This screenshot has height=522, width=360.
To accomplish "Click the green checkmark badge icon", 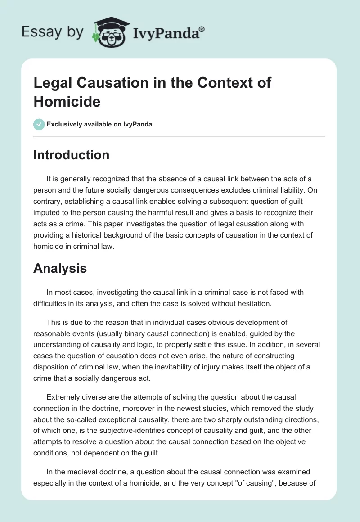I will tap(39, 124).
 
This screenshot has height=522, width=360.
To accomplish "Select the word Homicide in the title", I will tap(67, 101).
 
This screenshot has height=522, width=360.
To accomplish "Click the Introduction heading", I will tap(72, 155).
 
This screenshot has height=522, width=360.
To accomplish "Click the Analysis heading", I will tap(60, 269).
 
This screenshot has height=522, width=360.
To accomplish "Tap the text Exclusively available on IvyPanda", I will tap(100, 124).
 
